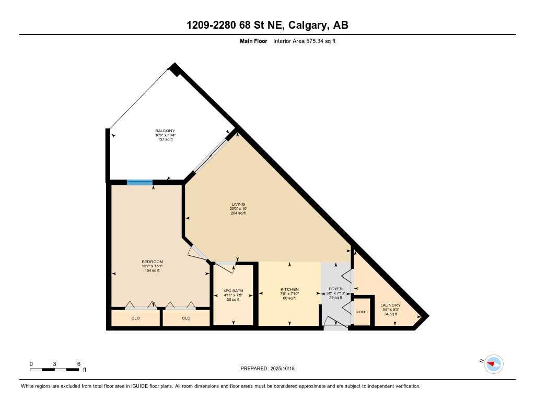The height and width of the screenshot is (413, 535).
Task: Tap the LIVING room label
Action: click(238, 204)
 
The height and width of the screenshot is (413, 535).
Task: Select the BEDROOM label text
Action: click(153, 262)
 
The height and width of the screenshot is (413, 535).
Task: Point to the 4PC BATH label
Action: click(233, 291)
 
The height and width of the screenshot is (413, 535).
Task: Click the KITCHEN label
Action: click(289, 289)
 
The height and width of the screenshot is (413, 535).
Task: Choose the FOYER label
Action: click(335, 289)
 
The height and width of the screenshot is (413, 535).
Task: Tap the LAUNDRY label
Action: click(390, 305)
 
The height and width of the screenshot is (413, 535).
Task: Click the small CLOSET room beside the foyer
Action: click(362, 312)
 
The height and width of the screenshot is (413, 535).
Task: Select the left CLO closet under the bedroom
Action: click(135, 317)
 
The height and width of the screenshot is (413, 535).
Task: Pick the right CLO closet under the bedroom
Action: click(186, 317)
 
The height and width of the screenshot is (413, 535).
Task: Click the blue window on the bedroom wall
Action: click(139, 182)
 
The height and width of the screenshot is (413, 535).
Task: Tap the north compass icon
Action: click(493, 363)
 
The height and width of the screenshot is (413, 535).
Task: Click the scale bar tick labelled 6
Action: click(78, 363)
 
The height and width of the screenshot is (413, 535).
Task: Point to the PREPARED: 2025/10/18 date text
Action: click(271, 369)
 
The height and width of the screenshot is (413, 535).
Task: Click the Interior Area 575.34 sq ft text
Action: click(304, 41)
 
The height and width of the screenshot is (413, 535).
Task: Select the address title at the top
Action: click(267, 25)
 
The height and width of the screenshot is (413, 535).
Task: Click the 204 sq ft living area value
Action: click(238, 213)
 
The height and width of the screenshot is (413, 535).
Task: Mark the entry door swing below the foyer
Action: click(334, 325)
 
